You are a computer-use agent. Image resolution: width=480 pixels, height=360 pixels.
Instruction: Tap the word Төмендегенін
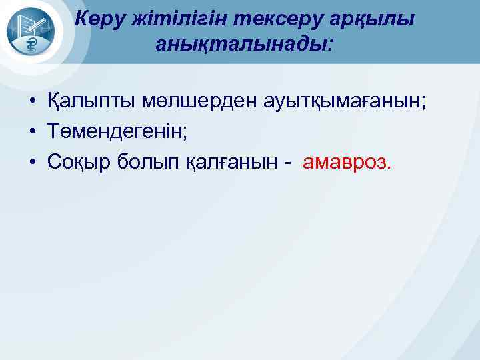point(117,132)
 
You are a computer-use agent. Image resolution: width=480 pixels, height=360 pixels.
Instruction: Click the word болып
point(140,162)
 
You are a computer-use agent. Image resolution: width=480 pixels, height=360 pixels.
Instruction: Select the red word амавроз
point(347,162)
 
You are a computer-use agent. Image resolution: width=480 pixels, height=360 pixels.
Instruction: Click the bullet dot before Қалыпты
point(31,103)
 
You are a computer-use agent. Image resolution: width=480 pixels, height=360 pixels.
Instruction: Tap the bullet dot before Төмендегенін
point(31,133)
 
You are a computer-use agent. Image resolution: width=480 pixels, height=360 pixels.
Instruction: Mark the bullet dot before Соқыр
point(31,163)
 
